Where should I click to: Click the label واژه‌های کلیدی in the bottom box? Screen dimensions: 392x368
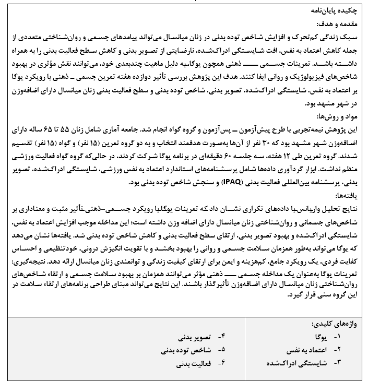pyautogui.click(x=340, y=324)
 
